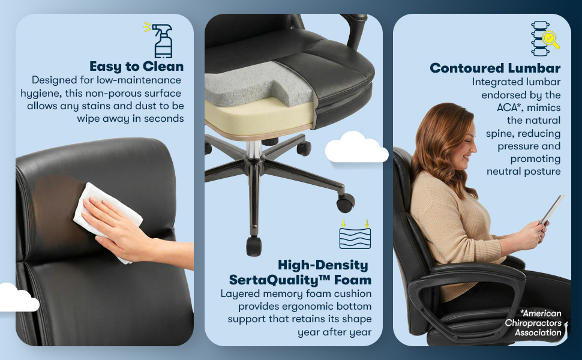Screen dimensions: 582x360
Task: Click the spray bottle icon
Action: pos(160,40)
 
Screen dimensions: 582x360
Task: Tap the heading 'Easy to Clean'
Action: pos(137,67)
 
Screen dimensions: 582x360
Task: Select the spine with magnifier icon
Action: pos(544,38)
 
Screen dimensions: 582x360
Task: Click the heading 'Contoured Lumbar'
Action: pos(495,68)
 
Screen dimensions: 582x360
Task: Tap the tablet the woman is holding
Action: pos(553,209)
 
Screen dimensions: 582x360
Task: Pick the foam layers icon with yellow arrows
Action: pos(355,234)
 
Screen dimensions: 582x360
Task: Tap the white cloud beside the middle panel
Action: pos(356,148)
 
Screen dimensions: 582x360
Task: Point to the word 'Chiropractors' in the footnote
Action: pos(533,323)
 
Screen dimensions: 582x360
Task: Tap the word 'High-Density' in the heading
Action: pos(323,265)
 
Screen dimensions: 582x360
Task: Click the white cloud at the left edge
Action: pos(19,298)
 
